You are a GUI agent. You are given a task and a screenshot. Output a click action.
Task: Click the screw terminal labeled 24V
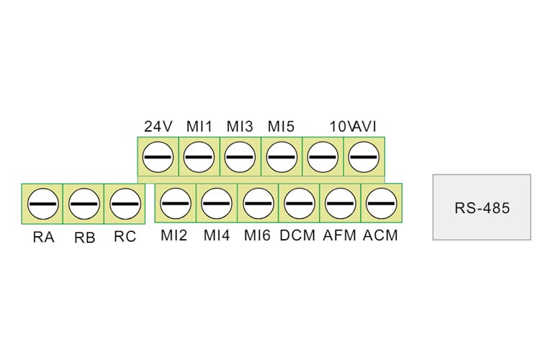tap(158, 157)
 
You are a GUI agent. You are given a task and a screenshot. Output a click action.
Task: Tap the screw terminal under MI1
tap(199, 157)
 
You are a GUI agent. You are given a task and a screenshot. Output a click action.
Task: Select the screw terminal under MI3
tap(240, 157)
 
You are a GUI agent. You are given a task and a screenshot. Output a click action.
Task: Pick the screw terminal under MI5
tap(282, 157)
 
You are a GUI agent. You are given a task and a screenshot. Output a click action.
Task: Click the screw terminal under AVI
tap(364, 157)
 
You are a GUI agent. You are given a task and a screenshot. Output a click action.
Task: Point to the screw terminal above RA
tap(42, 204)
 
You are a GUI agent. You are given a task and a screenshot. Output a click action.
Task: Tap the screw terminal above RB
tap(84, 204)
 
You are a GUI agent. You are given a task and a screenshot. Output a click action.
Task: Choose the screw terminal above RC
tap(125, 204)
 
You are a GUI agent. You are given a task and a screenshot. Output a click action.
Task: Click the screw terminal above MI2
tap(176, 204)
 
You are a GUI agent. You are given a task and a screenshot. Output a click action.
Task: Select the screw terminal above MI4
tap(217, 204)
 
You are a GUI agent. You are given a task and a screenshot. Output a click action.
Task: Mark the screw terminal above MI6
tap(258, 204)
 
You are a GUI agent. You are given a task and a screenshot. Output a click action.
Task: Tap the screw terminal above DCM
tap(300, 204)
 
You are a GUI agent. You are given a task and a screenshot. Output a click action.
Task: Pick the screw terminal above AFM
tap(341, 204)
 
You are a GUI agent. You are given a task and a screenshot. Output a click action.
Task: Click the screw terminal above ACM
tap(381, 204)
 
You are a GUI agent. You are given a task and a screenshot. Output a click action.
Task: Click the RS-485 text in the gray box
tap(482, 208)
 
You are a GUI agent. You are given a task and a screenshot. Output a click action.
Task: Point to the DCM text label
tap(297, 235)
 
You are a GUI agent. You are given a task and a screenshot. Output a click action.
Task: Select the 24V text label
tap(158, 127)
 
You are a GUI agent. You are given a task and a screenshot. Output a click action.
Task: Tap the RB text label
tap(85, 238)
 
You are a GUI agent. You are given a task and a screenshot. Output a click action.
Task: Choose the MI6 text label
tap(257, 235)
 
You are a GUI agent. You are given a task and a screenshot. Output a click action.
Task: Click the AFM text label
tap(340, 235)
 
